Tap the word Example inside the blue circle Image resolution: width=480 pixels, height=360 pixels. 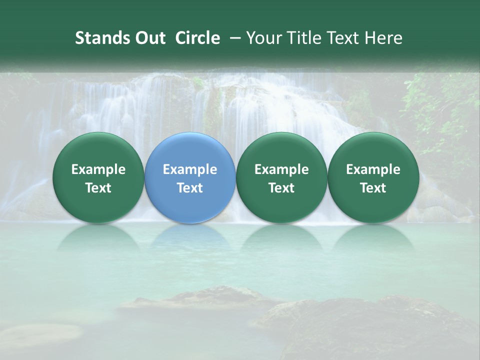(190, 169)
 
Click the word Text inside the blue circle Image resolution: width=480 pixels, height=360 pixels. (190, 188)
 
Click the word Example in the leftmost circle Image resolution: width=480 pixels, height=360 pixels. (98, 169)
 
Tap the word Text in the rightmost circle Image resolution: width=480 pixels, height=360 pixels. (373, 188)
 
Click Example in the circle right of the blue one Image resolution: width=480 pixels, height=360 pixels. (281, 169)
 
